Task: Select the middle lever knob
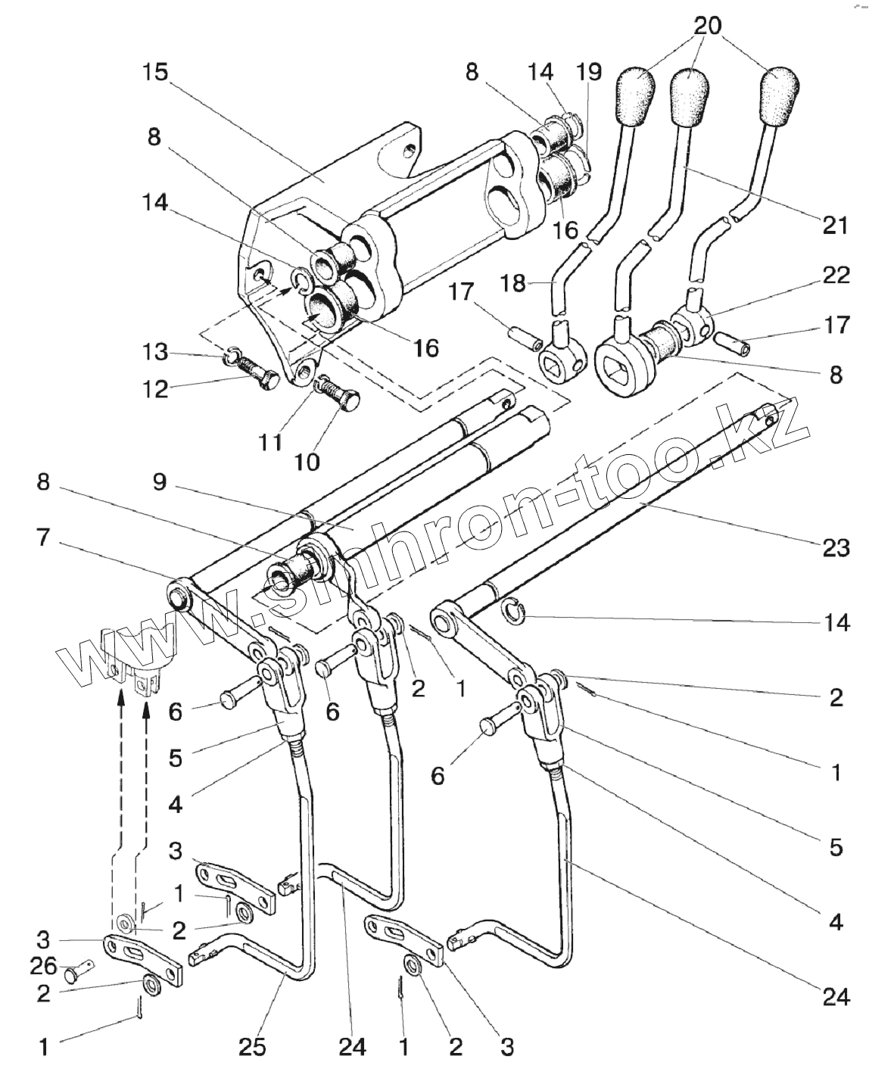pyautogui.click(x=690, y=96)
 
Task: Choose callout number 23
pyautogui.click(x=835, y=547)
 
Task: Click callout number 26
pyautogui.click(x=43, y=966)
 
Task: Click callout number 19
pyautogui.click(x=588, y=72)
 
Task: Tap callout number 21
pyautogui.click(x=834, y=225)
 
